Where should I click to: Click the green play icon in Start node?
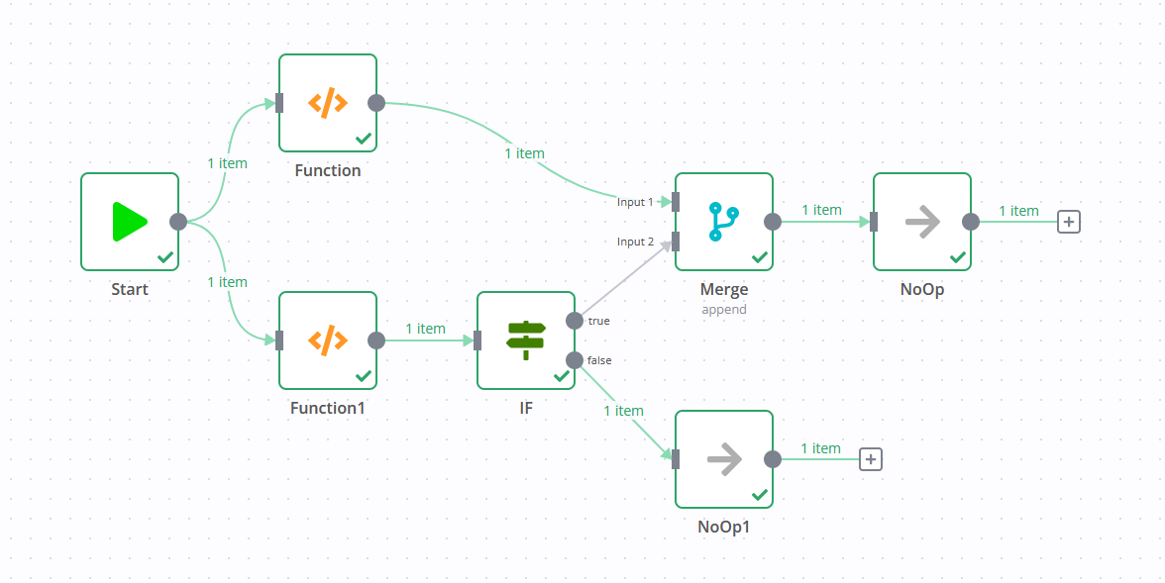click(x=130, y=222)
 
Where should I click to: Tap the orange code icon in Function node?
click(x=328, y=103)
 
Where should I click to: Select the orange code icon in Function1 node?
click(x=328, y=340)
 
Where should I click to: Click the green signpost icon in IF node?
click(x=526, y=340)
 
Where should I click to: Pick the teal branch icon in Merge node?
click(x=724, y=222)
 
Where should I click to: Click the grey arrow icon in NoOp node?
click(x=922, y=222)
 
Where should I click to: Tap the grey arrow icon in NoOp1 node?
click(x=724, y=459)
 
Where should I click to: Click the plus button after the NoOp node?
click(x=1068, y=222)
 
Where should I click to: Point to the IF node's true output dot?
click(x=575, y=321)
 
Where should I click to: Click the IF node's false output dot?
click(x=575, y=359)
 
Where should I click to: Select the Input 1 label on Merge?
click(x=635, y=202)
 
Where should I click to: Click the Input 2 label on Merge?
click(x=635, y=242)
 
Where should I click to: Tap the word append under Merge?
click(x=724, y=309)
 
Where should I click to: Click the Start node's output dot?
click(x=178, y=222)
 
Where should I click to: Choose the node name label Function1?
click(x=328, y=408)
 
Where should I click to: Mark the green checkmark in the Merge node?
click(x=760, y=257)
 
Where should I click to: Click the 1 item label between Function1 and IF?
click(x=425, y=329)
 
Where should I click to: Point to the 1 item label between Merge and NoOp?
click(x=821, y=210)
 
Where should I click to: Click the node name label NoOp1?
click(x=724, y=527)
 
